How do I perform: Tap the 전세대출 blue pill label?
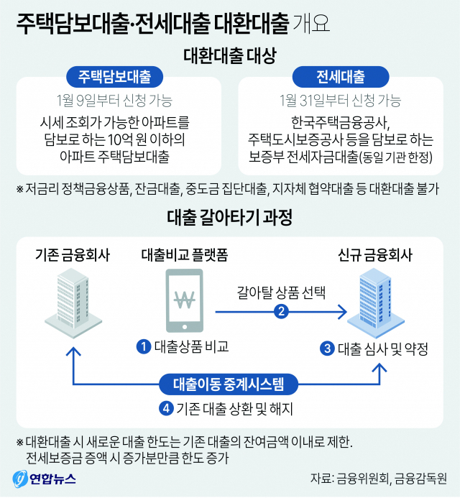pos(341,76)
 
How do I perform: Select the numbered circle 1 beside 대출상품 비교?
pos(144,347)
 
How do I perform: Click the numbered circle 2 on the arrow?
pos(282,311)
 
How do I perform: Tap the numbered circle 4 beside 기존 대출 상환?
pos(166,408)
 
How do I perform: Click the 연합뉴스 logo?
pos(45,478)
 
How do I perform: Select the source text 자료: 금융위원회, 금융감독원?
pos(378,479)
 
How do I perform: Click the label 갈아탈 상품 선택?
pos(281,292)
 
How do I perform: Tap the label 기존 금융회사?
pos(73,254)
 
